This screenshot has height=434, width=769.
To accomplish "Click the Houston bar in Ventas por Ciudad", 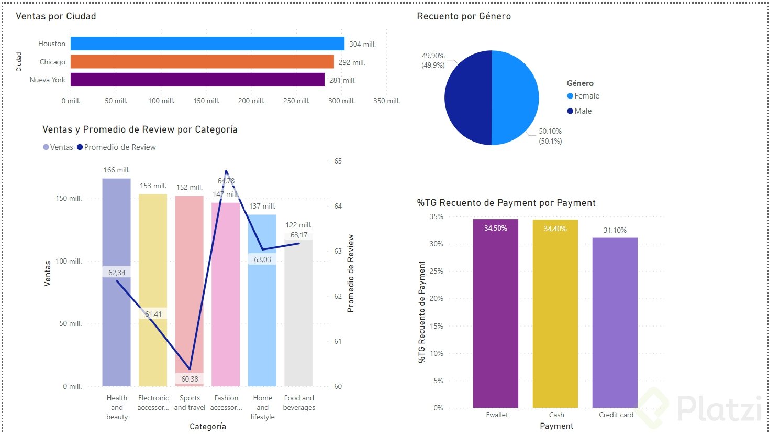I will click(207, 44).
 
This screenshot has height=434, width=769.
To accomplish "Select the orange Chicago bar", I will click(202, 62).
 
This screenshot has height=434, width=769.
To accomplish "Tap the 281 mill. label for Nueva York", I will click(342, 80).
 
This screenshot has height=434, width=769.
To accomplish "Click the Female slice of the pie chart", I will click(516, 97).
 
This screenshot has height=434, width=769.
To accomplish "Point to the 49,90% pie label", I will click(433, 56).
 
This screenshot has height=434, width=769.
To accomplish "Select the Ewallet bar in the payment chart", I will click(496, 314).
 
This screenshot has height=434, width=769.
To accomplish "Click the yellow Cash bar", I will click(555, 314).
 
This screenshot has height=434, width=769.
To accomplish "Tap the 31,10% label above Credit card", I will click(615, 230).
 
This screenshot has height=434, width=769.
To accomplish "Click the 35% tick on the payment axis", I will click(436, 216).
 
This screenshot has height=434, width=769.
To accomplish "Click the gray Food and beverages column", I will click(298, 314).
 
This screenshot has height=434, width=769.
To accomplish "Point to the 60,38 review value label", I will click(190, 379).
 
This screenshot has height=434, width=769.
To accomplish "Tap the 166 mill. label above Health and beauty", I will click(116, 170).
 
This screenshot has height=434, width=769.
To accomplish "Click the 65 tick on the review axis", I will click(338, 161).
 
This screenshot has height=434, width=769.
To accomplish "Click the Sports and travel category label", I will click(190, 403).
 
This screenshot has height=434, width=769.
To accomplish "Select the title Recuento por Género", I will click(464, 16).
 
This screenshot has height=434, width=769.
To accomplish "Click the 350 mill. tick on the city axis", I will click(386, 101).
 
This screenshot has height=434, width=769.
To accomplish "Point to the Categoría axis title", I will click(208, 427).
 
